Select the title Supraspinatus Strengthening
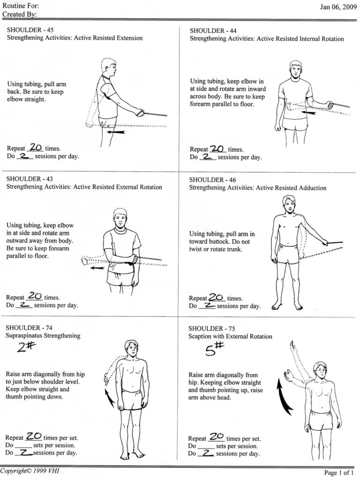[x=43, y=336]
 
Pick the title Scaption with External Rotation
[x=230, y=337]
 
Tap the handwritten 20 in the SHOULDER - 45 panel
[x=36, y=147]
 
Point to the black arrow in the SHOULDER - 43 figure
[x=97, y=268]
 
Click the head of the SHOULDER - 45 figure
[x=109, y=68]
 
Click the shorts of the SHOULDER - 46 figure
[x=286, y=253]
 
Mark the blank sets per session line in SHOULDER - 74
[x=23, y=445]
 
